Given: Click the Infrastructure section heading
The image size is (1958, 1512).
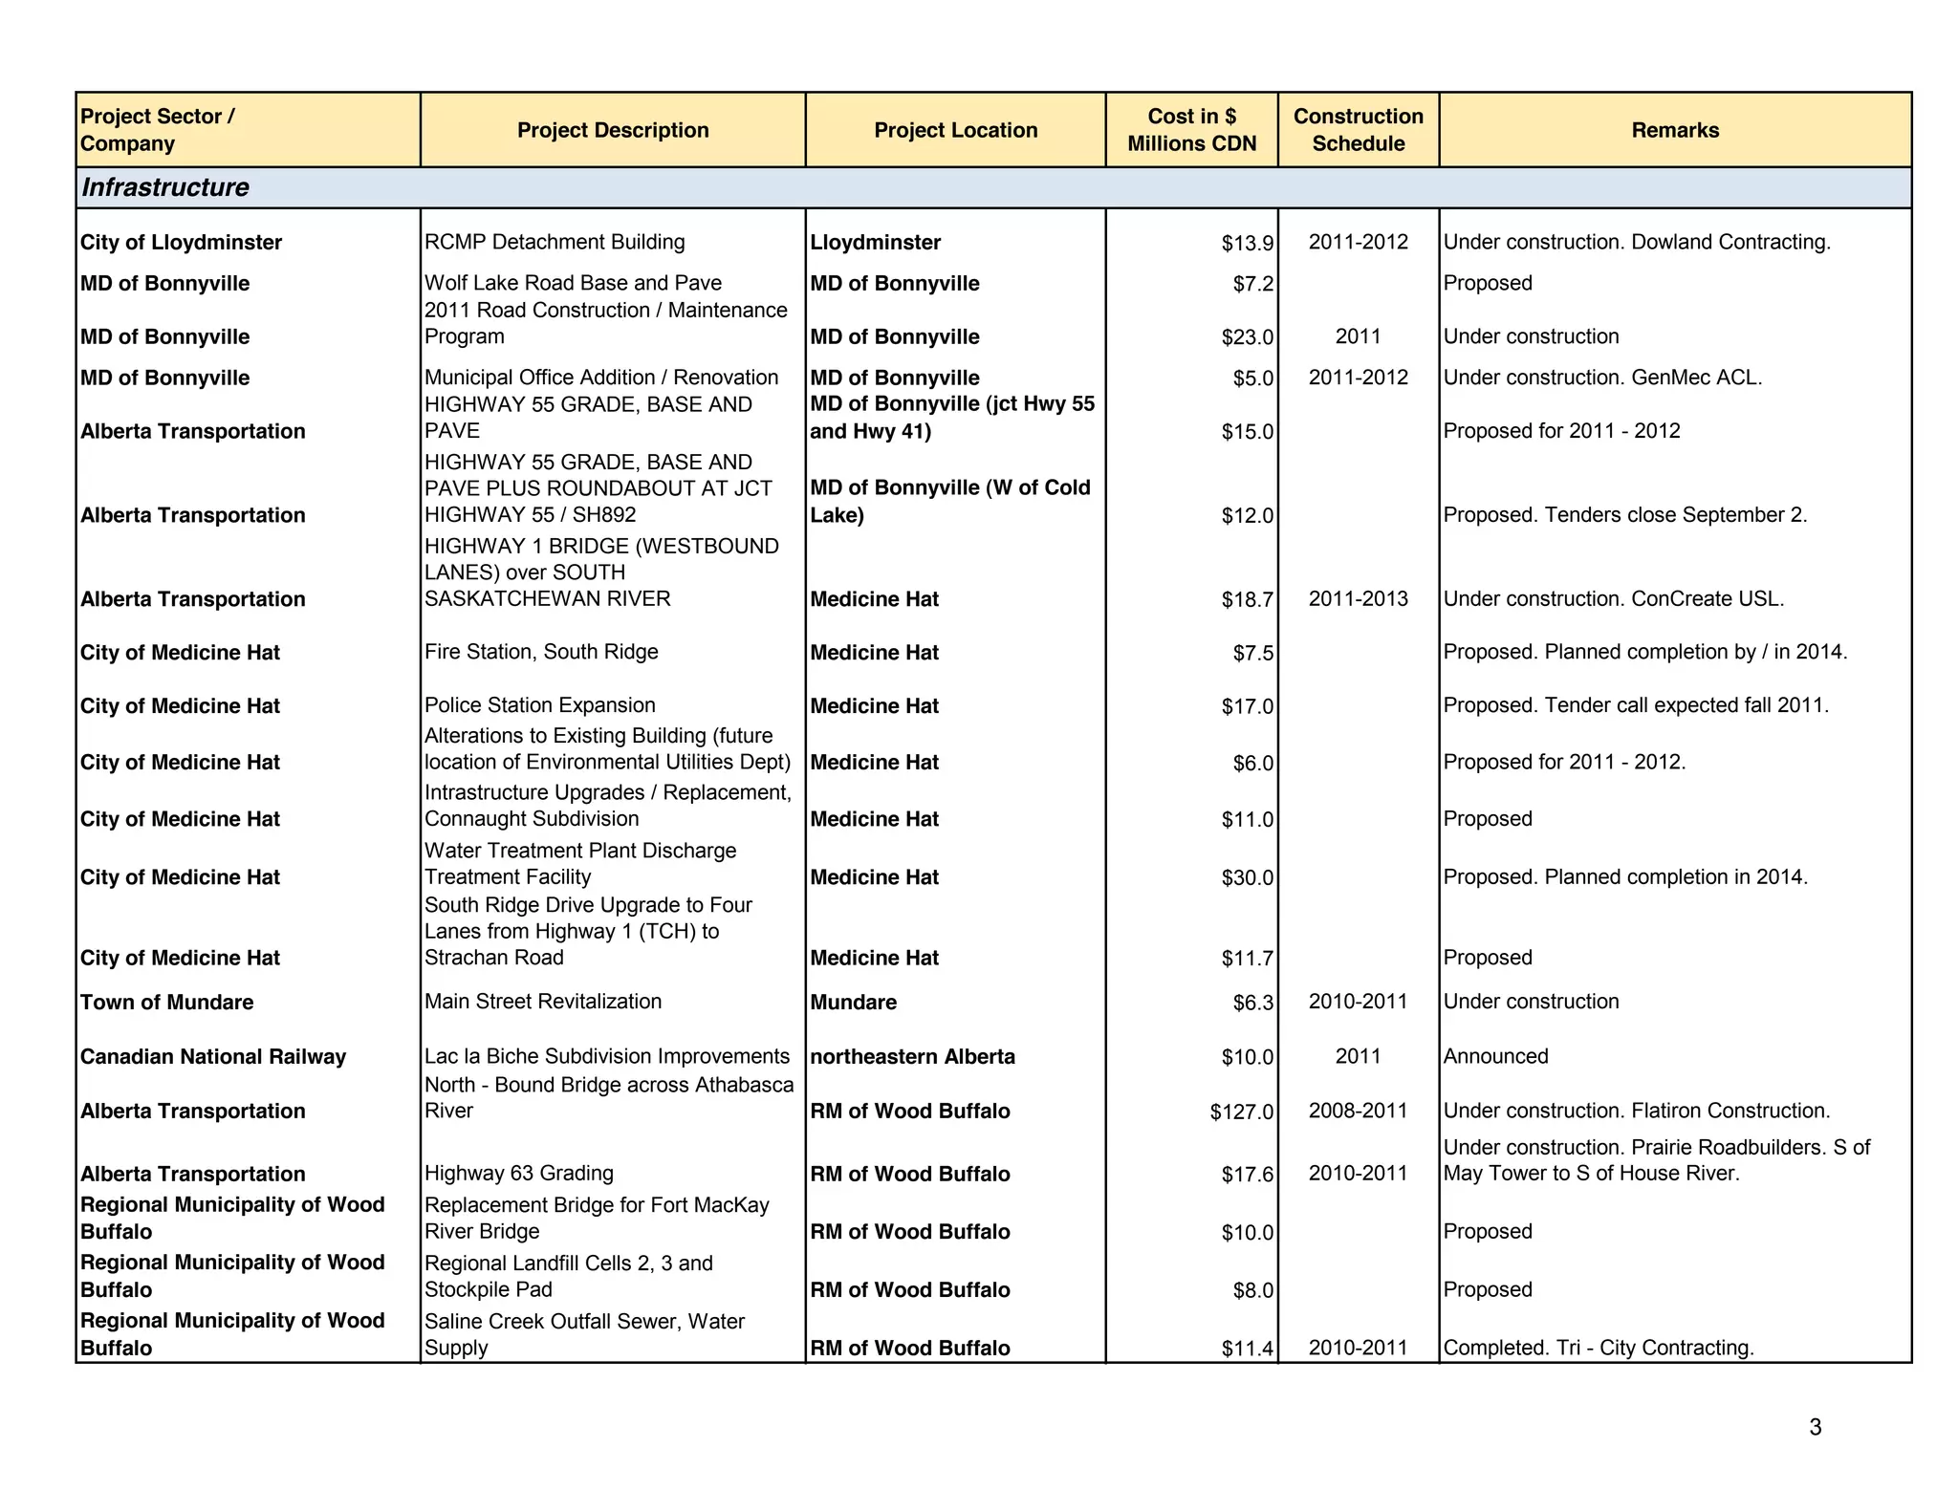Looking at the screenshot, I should click(x=164, y=187).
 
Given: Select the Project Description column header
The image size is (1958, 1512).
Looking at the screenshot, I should click(x=613, y=130).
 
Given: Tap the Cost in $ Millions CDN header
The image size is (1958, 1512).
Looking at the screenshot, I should click(x=1191, y=130).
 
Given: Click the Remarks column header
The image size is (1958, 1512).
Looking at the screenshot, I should click(x=1674, y=130).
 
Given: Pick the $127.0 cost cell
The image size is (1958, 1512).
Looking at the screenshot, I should click(x=1241, y=1112).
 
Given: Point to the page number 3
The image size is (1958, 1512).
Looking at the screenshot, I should click(x=1815, y=1427).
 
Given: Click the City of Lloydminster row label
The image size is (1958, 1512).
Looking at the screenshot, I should click(x=181, y=243).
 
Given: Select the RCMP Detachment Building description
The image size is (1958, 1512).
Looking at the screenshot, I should click(x=555, y=242).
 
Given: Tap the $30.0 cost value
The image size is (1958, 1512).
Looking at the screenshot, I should click(x=1247, y=877).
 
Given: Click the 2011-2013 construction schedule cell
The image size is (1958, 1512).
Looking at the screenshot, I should click(x=1358, y=599).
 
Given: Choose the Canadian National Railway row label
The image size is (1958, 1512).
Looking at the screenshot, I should click(x=212, y=1057).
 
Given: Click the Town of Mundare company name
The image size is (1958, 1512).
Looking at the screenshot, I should click(x=166, y=1003).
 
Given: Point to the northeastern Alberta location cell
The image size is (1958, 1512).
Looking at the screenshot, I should click(x=912, y=1057).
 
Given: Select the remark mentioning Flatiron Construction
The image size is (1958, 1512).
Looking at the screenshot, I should click(x=1636, y=1111).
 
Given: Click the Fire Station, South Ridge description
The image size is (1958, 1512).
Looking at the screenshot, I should click(x=541, y=652).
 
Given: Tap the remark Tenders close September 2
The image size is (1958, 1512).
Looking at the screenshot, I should click(x=1624, y=515).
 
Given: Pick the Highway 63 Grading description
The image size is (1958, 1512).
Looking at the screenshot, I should click(x=519, y=1173).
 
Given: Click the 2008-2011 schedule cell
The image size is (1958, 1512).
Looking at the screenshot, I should click(x=1358, y=1111).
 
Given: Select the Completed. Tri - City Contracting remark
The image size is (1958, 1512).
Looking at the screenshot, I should click(x=1598, y=1348).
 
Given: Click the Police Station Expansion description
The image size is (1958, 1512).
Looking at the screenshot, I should click(x=539, y=705).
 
